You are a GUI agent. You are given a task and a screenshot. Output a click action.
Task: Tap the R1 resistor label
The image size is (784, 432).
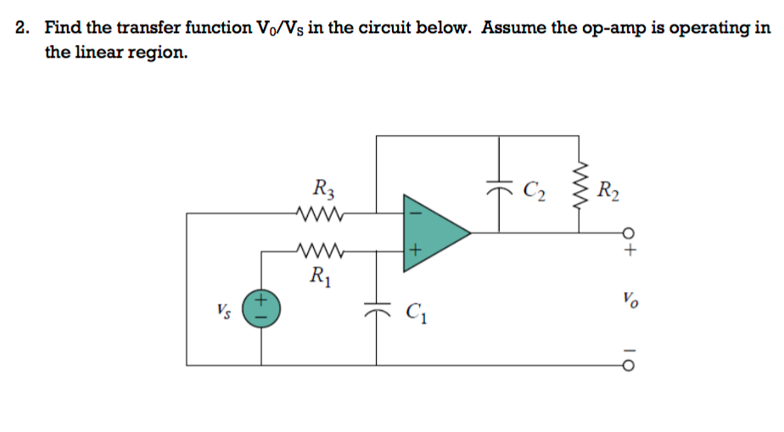[320, 275]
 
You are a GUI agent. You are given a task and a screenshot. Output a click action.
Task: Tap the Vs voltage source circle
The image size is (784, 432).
[260, 307]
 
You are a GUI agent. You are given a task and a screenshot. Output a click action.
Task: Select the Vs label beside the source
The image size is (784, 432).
[224, 307]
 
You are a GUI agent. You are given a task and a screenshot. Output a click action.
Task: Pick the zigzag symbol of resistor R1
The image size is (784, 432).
[321, 251]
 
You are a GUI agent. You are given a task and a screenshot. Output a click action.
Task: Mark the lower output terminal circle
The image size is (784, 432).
[629, 365]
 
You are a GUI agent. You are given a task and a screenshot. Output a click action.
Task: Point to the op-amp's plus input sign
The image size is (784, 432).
[414, 251]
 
